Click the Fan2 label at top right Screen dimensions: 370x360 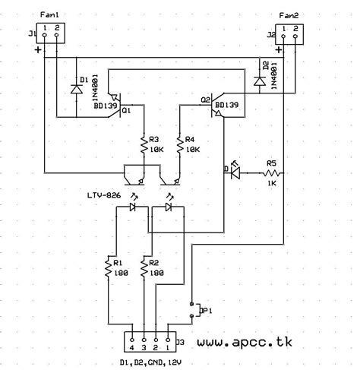pyautogui.click(x=289, y=15)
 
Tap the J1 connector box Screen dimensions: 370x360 pyautogui.click(x=52, y=33)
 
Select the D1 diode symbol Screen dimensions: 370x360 pyautogui.click(x=77, y=87)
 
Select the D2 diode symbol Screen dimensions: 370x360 pyautogui.click(x=261, y=80)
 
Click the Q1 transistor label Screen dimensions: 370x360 pyautogui.click(x=126, y=111)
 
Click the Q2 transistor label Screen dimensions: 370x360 pyautogui.click(x=206, y=100)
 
